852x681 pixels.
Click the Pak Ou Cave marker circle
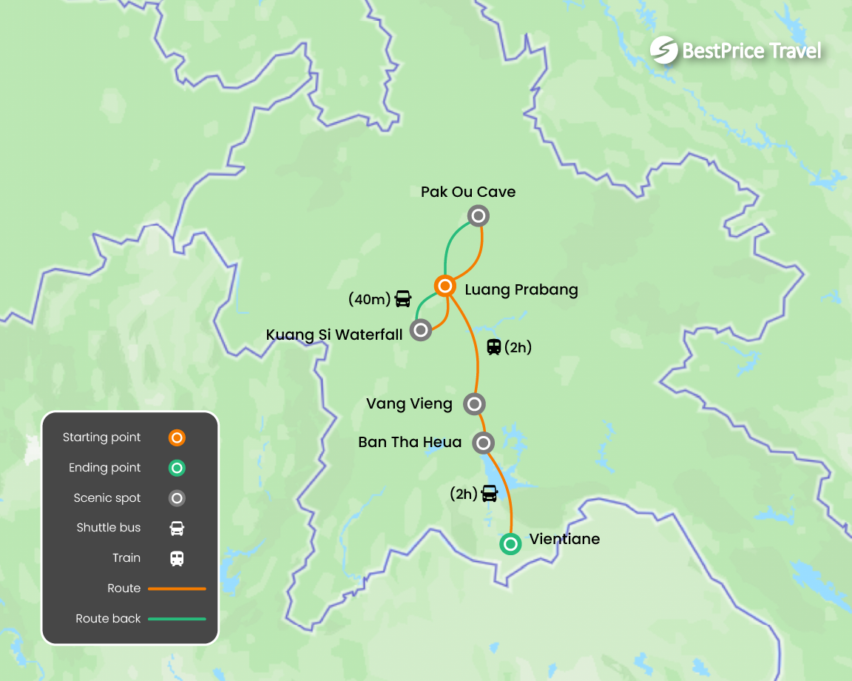point(479,216)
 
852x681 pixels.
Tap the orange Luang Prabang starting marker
point(444,286)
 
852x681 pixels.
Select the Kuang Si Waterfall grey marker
point(421,329)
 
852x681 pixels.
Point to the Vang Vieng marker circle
point(474,404)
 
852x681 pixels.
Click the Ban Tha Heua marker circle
point(483,443)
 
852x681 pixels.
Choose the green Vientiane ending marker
point(510,544)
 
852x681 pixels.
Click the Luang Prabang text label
point(521,289)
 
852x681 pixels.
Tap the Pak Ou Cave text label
point(468,192)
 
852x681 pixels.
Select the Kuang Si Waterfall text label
point(334,335)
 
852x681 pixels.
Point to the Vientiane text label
point(564,539)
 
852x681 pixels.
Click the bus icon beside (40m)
point(403,299)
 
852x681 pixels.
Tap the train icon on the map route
point(494,346)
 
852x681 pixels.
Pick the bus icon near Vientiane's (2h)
point(490,493)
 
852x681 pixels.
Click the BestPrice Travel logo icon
point(663,50)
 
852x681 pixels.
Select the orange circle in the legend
point(177,437)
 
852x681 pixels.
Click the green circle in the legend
point(177,468)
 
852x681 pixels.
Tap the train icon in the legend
point(177,558)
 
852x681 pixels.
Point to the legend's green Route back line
point(177,619)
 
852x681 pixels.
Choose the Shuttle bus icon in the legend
point(177,528)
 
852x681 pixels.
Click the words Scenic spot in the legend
point(107,498)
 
